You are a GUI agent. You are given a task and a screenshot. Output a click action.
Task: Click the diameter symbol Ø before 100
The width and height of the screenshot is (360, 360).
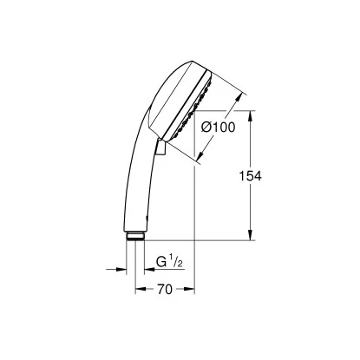[206, 128]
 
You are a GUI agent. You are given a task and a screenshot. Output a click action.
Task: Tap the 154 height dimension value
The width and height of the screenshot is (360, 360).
[250, 174]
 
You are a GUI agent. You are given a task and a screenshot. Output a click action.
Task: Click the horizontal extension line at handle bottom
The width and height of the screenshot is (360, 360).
[200, 239]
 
